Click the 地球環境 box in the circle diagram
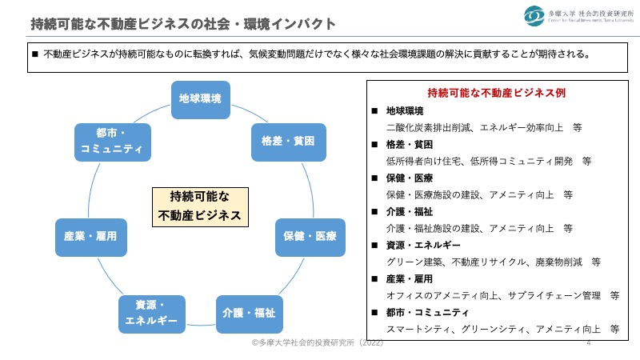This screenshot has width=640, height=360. coord(200,98)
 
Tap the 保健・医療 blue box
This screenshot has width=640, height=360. coord(310,237)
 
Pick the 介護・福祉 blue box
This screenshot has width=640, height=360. coord(248,313)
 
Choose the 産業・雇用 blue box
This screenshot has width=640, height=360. coord(90,237)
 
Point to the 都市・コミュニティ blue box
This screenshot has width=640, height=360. coord(111,141)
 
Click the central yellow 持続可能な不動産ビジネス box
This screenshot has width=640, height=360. coord(200,206)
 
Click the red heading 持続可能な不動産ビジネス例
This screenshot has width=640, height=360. coord(497,93)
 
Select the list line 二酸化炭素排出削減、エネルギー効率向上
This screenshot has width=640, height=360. coord(483,126)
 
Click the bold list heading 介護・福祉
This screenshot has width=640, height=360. coord(409,211)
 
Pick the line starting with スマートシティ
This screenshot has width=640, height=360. coord(502,329)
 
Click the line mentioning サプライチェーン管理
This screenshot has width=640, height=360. coord(502,295)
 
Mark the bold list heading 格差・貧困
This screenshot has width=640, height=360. coord(409,144)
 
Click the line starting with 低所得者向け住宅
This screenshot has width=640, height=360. coord(488,161)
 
